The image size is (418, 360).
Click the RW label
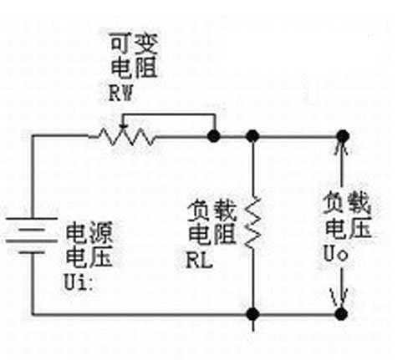coord(121,94)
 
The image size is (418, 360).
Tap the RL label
coord(200,261)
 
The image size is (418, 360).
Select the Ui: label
coord(79,282)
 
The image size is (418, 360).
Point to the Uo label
coord(336,253)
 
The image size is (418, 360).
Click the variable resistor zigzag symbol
coord(122,137)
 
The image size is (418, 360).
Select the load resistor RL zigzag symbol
coord(253,222)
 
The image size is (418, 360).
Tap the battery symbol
coord(31,236)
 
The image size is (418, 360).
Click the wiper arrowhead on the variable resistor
coord(123,127)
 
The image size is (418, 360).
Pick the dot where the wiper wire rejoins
coord(214,136)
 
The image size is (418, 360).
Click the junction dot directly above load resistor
coord(253,136)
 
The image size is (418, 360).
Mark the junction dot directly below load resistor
coord(253,314)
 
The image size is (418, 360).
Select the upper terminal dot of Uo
coord(343,136)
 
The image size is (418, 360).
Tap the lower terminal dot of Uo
coord(341,314)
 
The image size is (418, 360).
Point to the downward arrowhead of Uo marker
coord(341,297)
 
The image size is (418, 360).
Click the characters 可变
coord(134,43)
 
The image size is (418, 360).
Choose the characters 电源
coord(89,232)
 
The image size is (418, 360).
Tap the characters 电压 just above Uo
coord(349,228)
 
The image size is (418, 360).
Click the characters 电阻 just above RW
coord(134,68)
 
